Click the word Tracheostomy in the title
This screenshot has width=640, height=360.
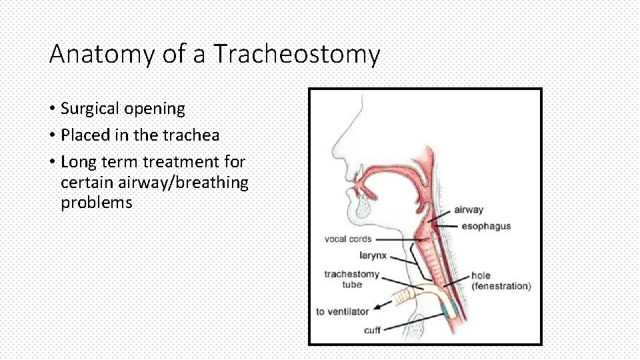(x=297, y=54)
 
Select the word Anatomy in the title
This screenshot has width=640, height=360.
(x=101, y=54)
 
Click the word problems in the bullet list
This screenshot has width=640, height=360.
(x=97, y=203)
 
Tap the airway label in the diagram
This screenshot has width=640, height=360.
(x=469, y=210)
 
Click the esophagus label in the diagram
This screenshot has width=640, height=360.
(x=486, y=226)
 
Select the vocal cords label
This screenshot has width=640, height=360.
(x=348, y=239)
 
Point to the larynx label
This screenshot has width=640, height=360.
(x=372, y=255)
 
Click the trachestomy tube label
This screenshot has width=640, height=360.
(x=351, y=279)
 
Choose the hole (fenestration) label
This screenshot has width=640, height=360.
(x=500, y=281)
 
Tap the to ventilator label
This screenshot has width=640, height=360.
(x=342, y=311)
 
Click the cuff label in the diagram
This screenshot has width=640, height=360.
(x=372, y=330)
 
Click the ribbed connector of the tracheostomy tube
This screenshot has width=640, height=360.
(x=403, y=295)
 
